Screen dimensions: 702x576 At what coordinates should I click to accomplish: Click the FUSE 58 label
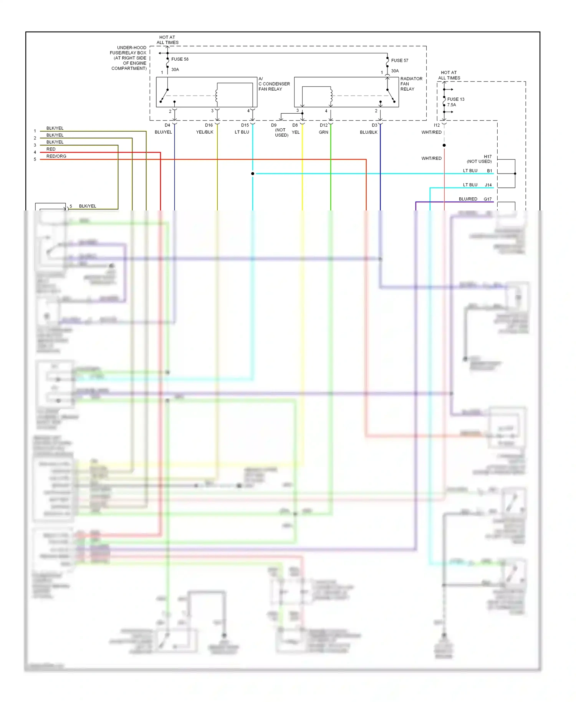pyautogui.click(x=180, y=59)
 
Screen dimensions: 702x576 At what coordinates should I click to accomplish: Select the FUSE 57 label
pyautogui.click(x=399, y=61)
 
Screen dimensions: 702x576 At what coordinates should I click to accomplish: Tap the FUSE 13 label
pyautogui.click(x=455, y=99)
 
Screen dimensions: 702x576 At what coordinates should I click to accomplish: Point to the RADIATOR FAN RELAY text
pyautogui.click(x=411, y=84)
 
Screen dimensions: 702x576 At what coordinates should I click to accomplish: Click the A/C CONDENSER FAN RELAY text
pyautogui.click(x=274, y=84)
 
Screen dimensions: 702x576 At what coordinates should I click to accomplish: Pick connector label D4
pyautogui.click(x=167, y=125)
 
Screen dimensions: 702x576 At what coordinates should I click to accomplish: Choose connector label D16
pyautogui.click(x=209, y=125)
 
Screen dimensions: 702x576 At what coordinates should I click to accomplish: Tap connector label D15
pyautogui.click(x=245, y=125)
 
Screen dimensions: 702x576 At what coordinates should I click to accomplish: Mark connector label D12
pyautogui.click(x=324, y=125)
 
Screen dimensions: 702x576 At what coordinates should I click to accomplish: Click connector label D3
pyautogui.click(x=374, y=125)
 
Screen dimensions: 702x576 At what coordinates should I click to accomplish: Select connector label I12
pyautogui.click(x=437, y=125)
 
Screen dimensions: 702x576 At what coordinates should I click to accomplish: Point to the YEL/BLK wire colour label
pyautogui.click(x=205, y=132)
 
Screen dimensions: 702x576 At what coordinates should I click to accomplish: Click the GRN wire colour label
pyautogui.click(x=323, y=132)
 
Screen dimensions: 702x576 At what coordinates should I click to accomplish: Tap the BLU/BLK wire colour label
pyautogui.click(x=369, y=132)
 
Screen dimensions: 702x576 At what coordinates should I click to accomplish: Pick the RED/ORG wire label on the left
pyautogui.click(x=56, y=156)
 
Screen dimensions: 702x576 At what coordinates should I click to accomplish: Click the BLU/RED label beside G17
pyautogui.click(x=468, y=199)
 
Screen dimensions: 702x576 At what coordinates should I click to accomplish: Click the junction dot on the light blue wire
pyautogui.click(x=253, y=174)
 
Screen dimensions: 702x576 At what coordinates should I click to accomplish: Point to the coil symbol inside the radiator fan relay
pyautogui.click(x=331, y=96)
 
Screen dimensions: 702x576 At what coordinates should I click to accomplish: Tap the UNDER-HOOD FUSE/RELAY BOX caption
pyautogui.click(x=128, y=58)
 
